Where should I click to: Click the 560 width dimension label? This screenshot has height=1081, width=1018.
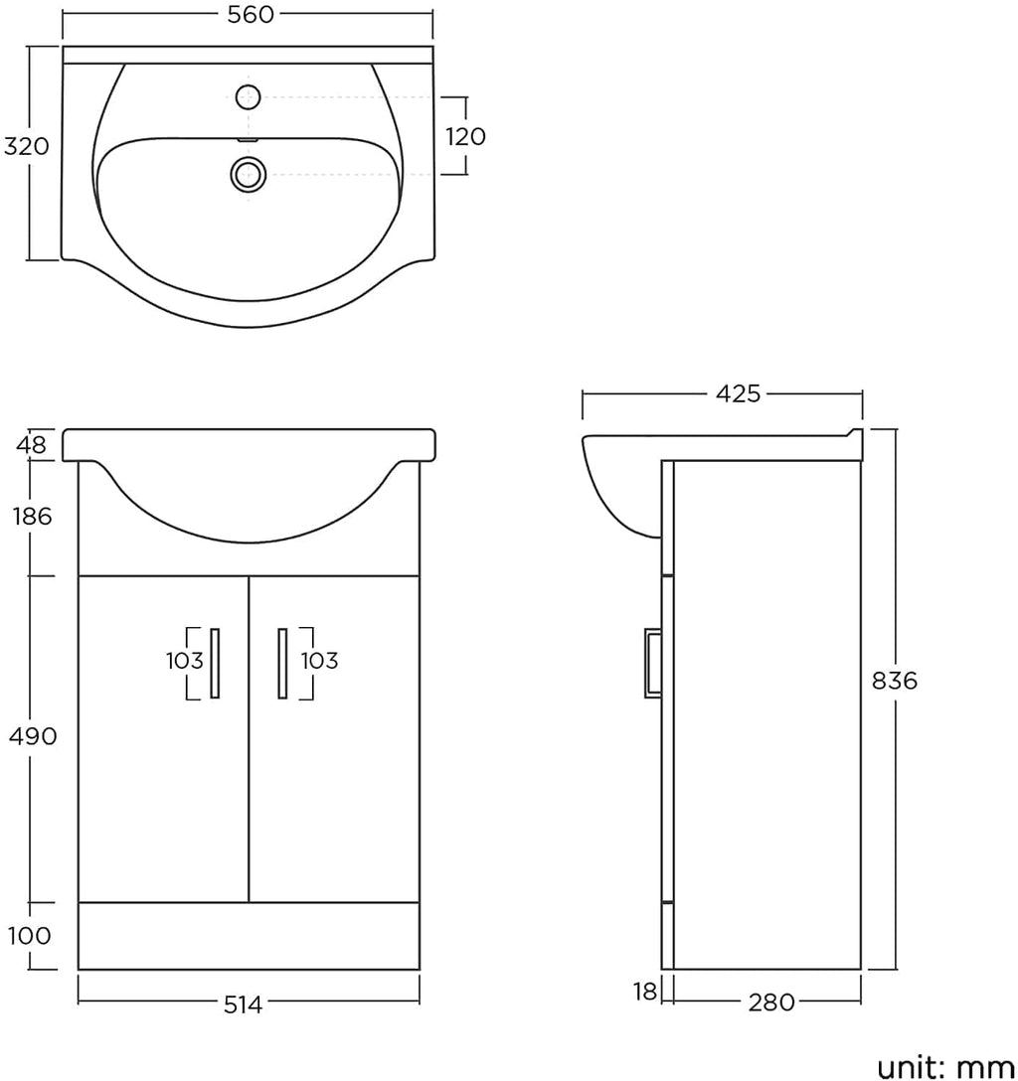[252, 15]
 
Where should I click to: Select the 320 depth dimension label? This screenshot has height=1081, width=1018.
[27, 146]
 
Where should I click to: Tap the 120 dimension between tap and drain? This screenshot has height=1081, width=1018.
[466, 136]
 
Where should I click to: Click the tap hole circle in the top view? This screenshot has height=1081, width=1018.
[249, 96]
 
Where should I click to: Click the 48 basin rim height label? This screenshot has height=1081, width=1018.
[32, 445]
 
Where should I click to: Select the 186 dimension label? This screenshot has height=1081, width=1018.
[33, 516]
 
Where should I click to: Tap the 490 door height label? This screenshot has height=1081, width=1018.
[33, 737]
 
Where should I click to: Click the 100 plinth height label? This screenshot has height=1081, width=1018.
[30, 936]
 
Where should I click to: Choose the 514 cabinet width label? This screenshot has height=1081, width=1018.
[244, 1005]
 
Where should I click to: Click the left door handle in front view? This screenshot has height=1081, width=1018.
[215, 664]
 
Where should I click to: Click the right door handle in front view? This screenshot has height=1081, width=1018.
[282, 664]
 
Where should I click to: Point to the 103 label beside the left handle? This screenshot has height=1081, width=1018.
[185, 661]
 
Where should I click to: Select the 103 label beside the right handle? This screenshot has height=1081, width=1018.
[319, 661]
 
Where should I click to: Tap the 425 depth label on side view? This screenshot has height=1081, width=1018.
[738, 393]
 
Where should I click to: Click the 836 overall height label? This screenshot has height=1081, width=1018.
[896, 681]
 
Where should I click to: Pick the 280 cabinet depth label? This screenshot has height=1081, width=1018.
[771, 1003]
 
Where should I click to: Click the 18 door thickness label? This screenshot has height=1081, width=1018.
[645, 992]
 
